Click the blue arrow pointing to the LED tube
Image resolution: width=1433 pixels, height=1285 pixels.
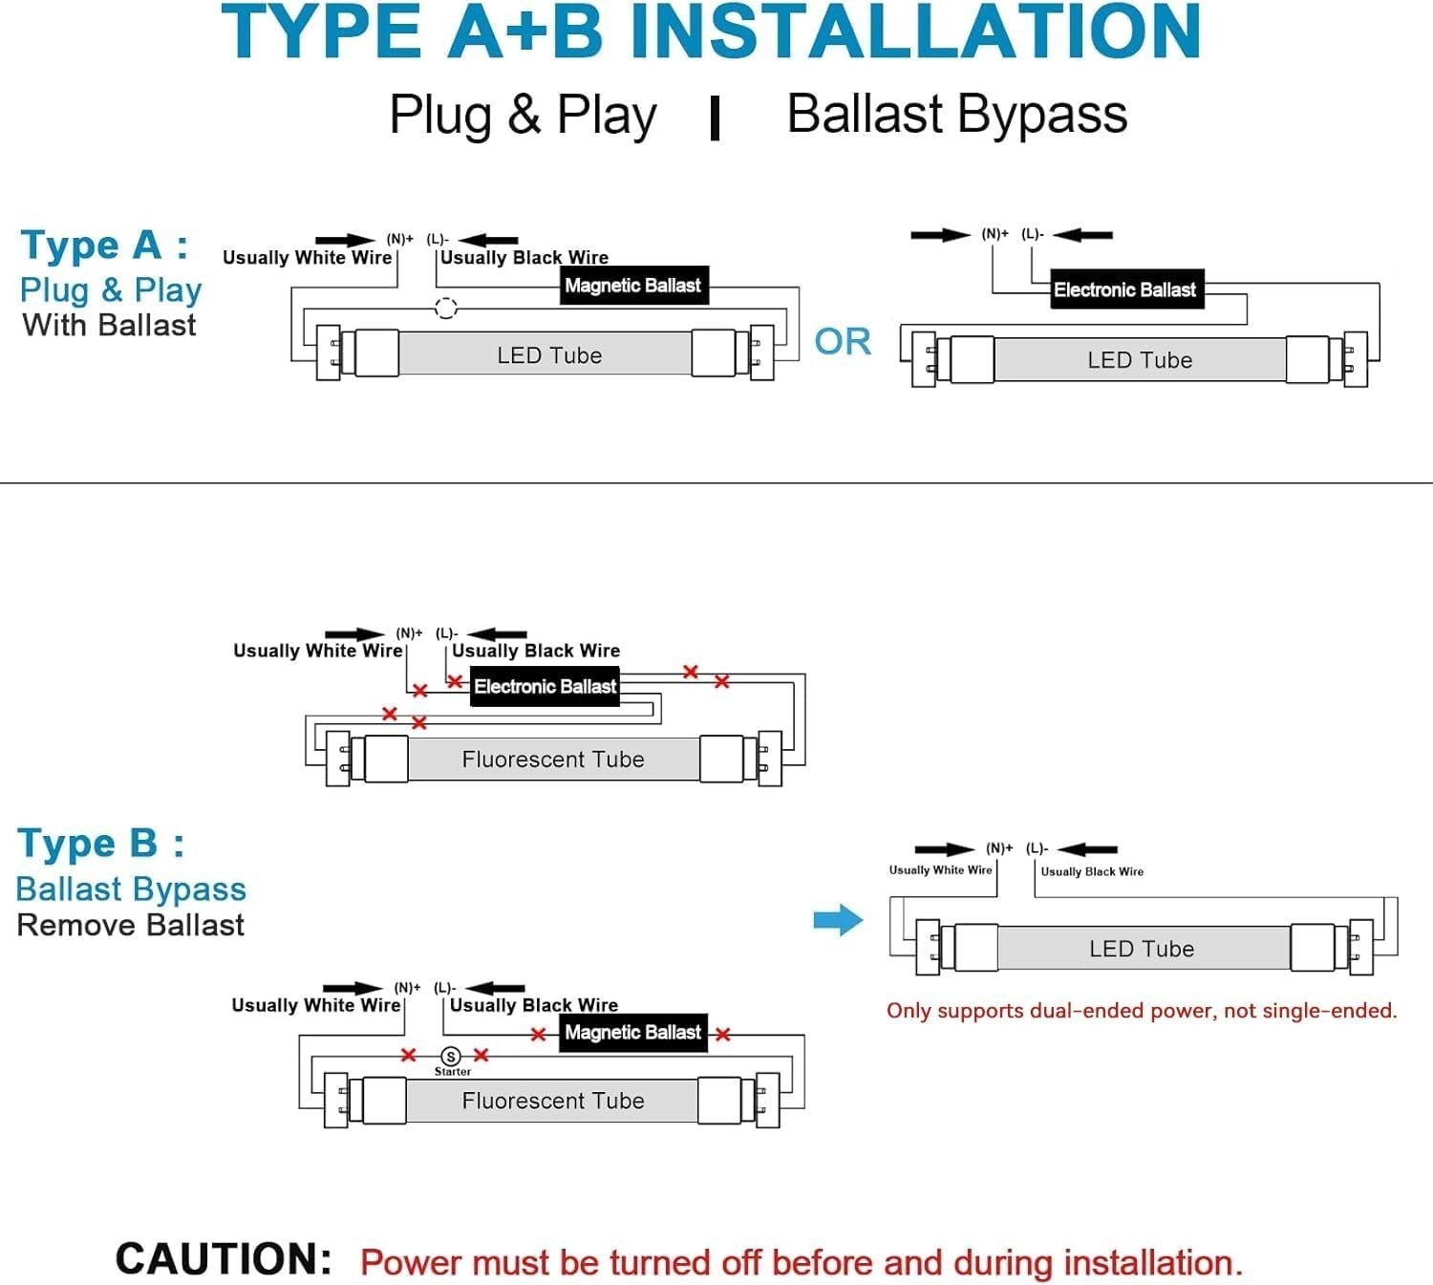pyautogui.click(x=838, y=920)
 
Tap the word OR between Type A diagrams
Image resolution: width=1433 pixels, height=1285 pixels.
pyautogui.click(x=843, y=342)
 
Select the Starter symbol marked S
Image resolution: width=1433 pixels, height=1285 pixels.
pyautogui.click(x=451, y=1056)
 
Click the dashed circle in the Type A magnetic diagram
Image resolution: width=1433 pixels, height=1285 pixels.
pyautogui.click(x=446, y=308)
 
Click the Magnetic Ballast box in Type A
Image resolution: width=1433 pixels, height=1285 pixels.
pyautogui.click(x=633, y=286)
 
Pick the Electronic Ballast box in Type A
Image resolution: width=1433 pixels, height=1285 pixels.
pyautogui.click(x=1124, y=289)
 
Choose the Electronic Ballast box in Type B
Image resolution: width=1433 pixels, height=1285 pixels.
pyautogui.click(x=545, y=686)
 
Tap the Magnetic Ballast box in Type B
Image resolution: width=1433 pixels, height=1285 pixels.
pyautogui.click(x=632, y=1033)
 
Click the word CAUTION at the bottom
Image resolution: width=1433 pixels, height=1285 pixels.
pyautogui.click(x=224, y=1259)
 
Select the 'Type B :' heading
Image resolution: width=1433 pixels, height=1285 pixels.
pyautogui.click(x=101, y=844)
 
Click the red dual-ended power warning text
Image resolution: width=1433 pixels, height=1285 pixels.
pyautogui.click(x=1142, y=1011)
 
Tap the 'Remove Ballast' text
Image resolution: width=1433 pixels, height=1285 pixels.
pyautogui.click(x=131, y=925)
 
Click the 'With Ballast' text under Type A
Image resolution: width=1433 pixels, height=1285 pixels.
pyautogui.click(x=109, y=325)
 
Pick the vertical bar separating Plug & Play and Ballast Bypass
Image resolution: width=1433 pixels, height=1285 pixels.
pyautogui.click(x=715, y=118)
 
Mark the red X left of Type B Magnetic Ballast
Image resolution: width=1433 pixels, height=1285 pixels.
pyautogui.click(x=539, y=1034)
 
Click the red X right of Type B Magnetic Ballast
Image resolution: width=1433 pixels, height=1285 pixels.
pyautogui.click(x=723, y=1034)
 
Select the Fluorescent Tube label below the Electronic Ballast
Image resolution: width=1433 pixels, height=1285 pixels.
pyautogui.click(x=553, y=760)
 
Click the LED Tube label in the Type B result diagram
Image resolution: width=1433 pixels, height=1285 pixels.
pyautogui.click(x=1142, y=949)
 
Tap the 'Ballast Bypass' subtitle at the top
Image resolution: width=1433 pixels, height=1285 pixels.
pyautogui.click(x=956, y=115)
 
